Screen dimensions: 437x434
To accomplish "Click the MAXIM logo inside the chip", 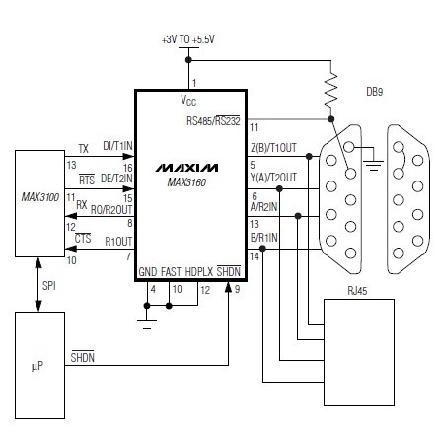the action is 186,168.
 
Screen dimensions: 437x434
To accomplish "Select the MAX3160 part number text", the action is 186,182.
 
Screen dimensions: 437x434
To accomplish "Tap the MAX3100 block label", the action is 40,197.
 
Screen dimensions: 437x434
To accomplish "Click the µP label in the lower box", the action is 37,366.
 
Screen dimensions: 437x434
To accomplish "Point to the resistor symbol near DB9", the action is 331,90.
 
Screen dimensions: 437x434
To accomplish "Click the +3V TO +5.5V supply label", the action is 188,39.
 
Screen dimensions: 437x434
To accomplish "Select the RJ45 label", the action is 357,291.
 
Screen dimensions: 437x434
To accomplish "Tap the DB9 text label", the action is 375,92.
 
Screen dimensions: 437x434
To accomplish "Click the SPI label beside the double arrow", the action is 49,286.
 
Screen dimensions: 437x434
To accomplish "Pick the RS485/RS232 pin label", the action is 213,120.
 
